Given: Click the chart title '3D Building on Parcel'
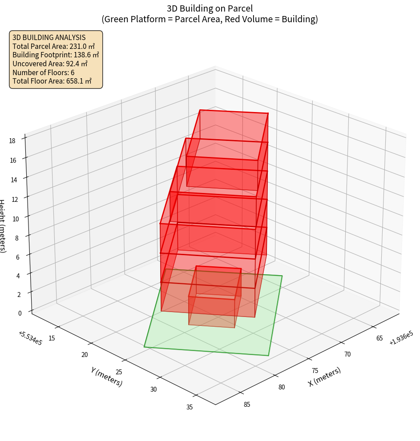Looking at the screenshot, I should [x=210, y=8].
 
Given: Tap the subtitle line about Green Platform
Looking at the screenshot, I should [x=210, y=19].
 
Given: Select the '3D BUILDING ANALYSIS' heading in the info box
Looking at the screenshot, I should [x=49, y=38].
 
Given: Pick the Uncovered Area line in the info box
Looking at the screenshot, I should [x=53, y=64].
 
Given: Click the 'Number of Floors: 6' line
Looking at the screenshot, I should [x=43, y=72].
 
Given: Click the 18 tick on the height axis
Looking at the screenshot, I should [x=12, y=141].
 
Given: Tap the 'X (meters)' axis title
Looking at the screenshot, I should [x=324, y=377].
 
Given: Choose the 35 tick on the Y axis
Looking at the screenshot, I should [x=190, y=406].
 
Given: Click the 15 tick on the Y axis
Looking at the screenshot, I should [x=52, y=338].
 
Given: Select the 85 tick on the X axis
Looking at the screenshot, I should [x=247, y=404].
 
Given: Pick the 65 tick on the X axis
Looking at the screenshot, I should [x=380, y=338].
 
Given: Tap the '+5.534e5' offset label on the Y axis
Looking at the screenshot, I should [x=31, y=338].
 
